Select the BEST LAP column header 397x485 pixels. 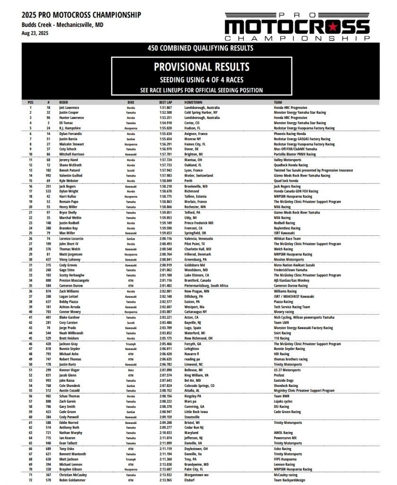tap(166, 102)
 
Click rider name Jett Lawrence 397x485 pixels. tap(69, 108)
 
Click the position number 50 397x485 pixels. tap(31, 364)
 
